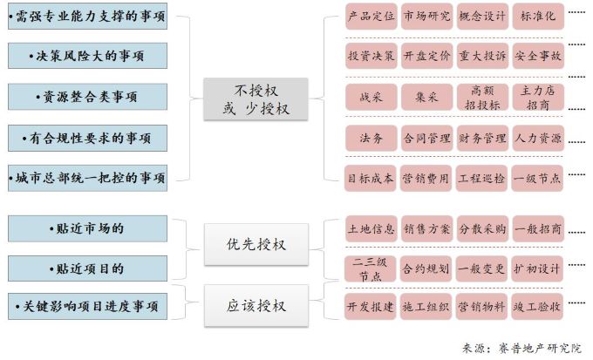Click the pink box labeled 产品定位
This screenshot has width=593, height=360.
coord(371,17)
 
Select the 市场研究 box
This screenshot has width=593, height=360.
coord(426,17)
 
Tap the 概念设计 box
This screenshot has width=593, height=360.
coord(481,17)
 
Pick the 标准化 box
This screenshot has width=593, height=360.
coord(537,17)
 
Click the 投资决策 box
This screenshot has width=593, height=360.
coord(371,56)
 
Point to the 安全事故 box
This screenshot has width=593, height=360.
coord(537,56)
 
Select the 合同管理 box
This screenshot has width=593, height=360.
coord(426,138)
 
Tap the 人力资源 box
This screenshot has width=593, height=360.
coord(537,138)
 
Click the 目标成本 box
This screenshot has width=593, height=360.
coord(371,178)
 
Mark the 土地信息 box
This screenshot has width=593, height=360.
coord(371,229)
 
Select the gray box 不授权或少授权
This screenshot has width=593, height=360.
coord(256,99)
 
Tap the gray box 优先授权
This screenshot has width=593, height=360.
coord(256,244)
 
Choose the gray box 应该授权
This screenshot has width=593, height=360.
coord(256,306)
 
